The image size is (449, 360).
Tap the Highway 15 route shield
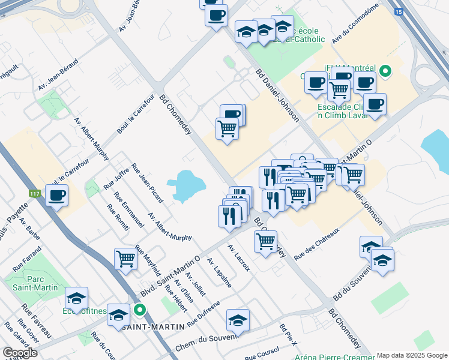click(398, 12)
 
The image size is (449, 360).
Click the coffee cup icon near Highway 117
click(57, 196)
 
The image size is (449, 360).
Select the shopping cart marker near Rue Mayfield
click(125, 259)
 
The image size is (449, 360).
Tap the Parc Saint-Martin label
click(34, 284)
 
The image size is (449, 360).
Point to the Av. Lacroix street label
click(238, 257)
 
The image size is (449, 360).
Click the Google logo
click(20, 353)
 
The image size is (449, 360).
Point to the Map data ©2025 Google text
click(412, 355)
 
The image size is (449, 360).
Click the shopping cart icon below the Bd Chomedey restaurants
click(265, 242)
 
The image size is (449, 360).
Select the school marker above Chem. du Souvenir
click(238, 320)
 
